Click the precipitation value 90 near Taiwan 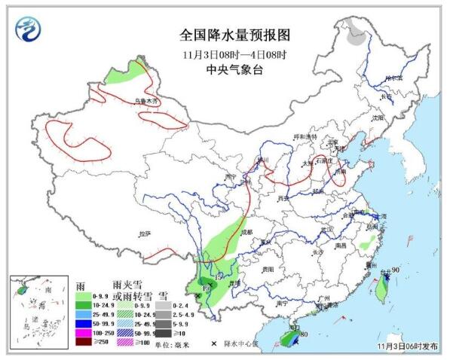[395, 270]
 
